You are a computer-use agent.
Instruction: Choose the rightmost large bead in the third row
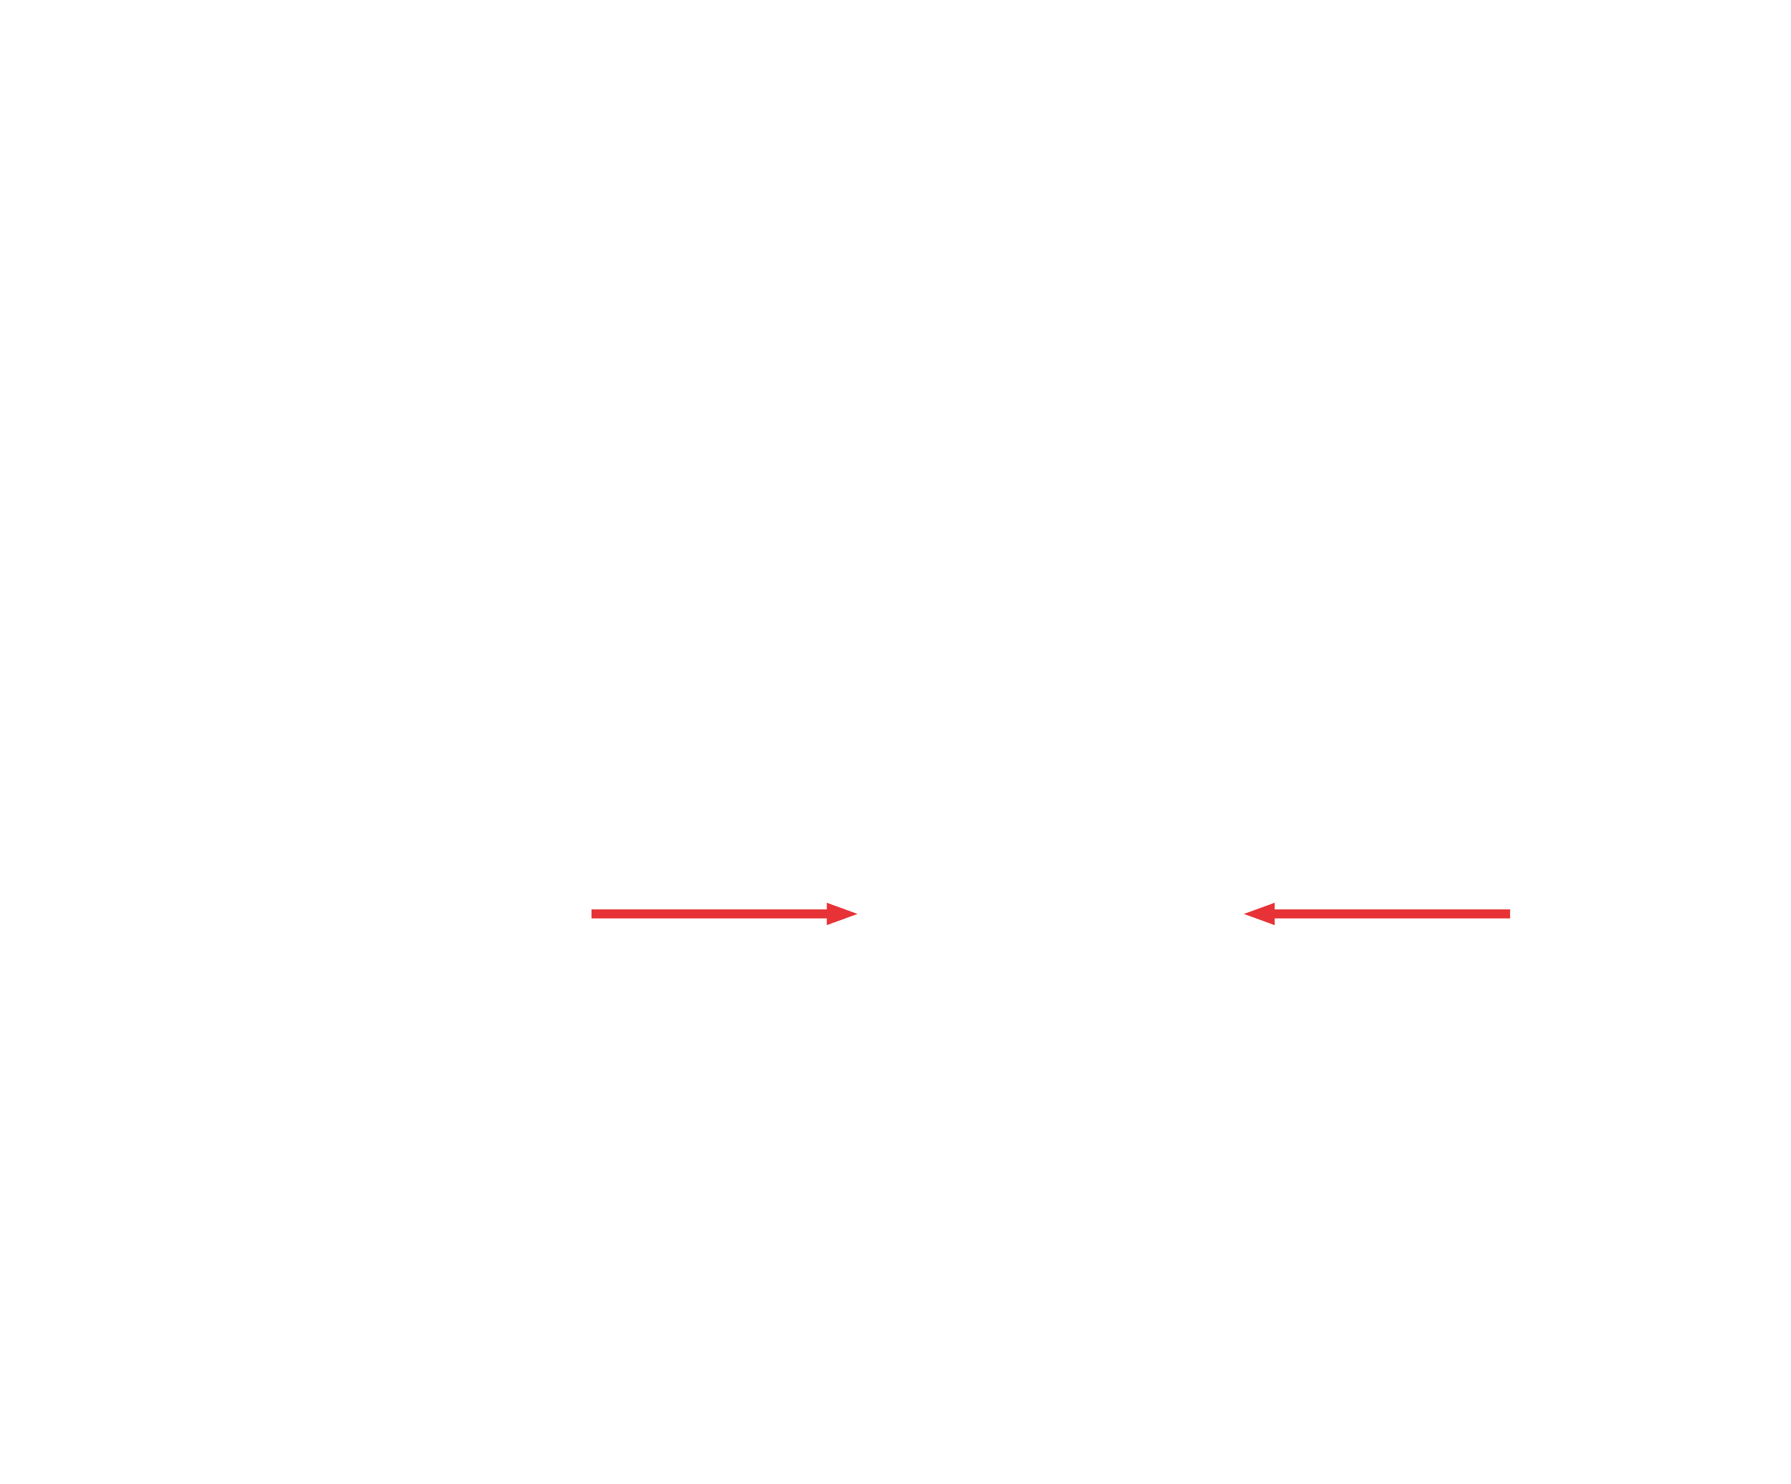[1368, 1160]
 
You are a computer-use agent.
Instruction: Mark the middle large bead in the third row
[1200, 1160]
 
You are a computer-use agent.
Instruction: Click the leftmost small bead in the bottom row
[796, 1308]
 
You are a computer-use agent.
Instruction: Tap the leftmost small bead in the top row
[890, 1005]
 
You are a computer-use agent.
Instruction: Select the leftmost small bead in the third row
[789, 1126]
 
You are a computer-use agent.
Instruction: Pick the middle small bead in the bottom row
[896, 1308]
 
